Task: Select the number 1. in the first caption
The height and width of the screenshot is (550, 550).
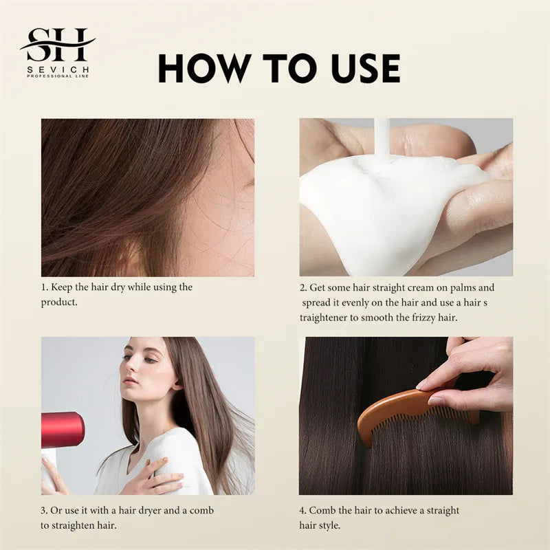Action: point(45,287)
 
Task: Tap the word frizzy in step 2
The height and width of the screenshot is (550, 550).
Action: point(423,318)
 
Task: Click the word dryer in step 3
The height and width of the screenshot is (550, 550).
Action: point(143,510)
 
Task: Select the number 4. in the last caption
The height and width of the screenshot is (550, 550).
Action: point(302,510)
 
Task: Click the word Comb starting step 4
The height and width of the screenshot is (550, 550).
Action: point(322,510)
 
